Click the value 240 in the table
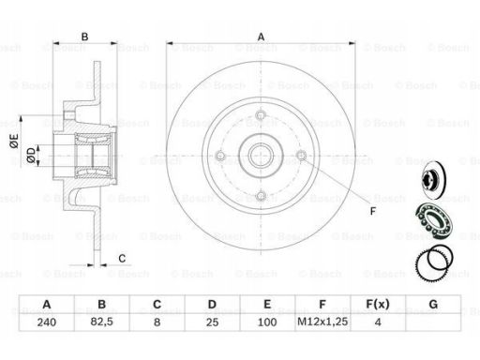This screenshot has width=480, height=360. click(x=47, y=322)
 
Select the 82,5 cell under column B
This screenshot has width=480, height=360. click(x=102, y=322)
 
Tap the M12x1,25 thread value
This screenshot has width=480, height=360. click(x=322, y=322)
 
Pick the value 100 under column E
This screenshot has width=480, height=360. click(x=267, y=322)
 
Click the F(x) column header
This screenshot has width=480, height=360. click(x=378, y=304)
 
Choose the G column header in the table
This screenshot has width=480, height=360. click(x=433, y=304)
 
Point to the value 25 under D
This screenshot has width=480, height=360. click(x=212, y=322)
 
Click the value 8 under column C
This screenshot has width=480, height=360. click(x=157, y=322)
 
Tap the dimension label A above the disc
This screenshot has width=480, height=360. click(x=261, y=37)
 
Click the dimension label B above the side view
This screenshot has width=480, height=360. click(x=84, y=37)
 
